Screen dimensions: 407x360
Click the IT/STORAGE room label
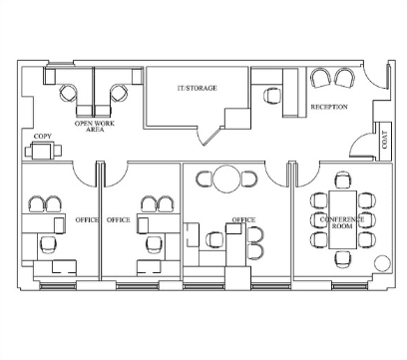click(x=197, y=88)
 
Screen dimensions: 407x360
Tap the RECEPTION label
click(x=329, y=107)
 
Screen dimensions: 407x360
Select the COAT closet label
click(x=385, y=140)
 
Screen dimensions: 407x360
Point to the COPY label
click(x=43, y=137)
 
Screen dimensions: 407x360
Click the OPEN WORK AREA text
click(x=95, y=127)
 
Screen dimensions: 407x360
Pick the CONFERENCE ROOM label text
click(x=342, y=222)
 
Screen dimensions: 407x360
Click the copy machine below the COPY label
click(x=43, y=151)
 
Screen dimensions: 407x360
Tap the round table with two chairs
click(x=226, y=179)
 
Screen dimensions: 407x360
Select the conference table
click(x=342, y=219)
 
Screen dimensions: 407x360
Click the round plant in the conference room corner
click(x=382, y=263)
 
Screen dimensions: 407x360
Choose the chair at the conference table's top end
click(x=342, y=180)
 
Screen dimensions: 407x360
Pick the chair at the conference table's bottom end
click(x=342, y=259)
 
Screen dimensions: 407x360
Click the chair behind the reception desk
click(x=272, y=96)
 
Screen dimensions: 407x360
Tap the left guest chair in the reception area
click(x=321, y=78)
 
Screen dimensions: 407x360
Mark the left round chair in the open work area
click(x=69, y=93)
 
